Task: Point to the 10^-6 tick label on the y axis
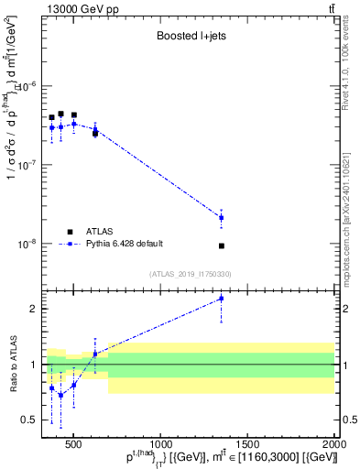29,86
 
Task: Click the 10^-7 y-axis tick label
29,166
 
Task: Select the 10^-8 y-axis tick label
29,245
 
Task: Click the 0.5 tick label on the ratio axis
30,420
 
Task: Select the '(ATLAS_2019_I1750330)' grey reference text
191,274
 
